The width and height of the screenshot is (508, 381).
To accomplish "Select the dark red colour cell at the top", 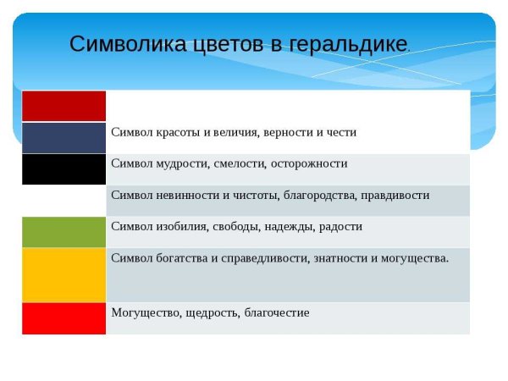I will (63, 106).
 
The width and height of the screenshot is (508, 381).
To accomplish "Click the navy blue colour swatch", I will (63, 137).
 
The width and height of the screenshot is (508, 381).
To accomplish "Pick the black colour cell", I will (63, 168).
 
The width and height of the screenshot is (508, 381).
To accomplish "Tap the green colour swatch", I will (63, 231).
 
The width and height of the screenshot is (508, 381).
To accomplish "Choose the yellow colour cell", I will (63, 274).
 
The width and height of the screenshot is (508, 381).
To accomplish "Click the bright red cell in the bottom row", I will (63, 317).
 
